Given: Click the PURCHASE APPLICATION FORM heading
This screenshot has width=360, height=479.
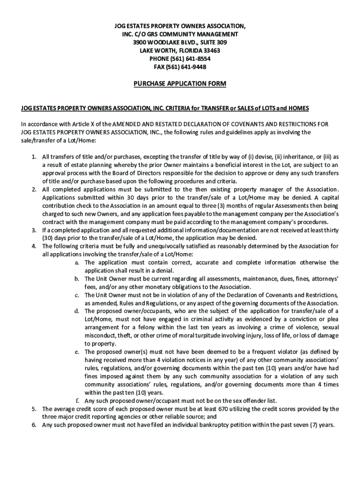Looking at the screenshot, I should (x=180, y=84).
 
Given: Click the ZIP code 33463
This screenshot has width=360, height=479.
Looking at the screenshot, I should (x=211, y=51).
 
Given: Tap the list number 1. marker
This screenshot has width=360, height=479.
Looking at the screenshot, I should (x=35, y=157).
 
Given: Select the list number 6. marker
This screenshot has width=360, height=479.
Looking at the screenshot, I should (x=35, y=425).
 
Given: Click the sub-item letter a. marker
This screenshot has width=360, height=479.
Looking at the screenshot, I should (x=77, y=262).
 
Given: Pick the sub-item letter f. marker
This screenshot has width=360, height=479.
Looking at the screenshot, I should (x=78, y=401).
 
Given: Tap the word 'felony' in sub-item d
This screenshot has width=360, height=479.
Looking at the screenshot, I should (x=140, y=327).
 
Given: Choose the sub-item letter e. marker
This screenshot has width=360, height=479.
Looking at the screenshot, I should (x=77, y=352).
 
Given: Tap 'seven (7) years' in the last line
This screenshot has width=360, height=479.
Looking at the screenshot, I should (x=311, y=425).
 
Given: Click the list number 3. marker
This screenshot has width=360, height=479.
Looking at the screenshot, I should (x=35, y=230).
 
